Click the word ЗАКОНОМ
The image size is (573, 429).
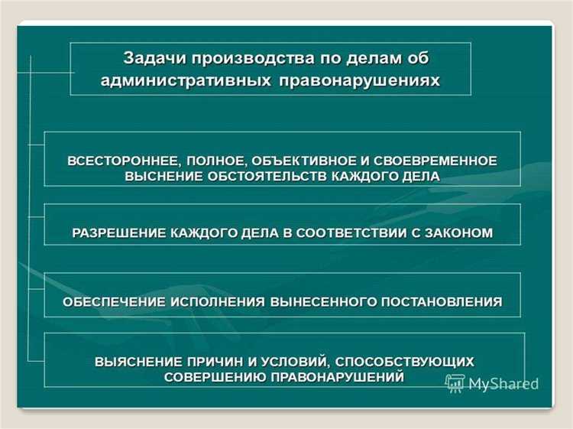tap(461, 232)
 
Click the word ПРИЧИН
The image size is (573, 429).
tap(223, 362)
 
